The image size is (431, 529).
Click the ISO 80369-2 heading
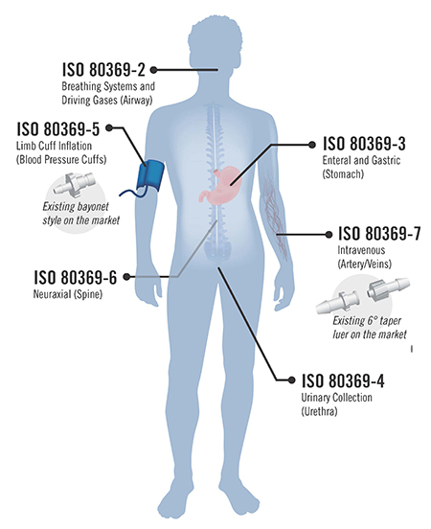[103, 70]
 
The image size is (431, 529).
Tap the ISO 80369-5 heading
[58, 128]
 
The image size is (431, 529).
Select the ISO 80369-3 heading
[364, 144]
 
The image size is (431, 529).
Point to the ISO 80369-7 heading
[379, 234]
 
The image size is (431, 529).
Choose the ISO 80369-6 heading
[76, 277]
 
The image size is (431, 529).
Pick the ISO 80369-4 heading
[343, 380]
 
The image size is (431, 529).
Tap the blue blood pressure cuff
[150, 176]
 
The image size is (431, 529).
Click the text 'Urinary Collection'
[336, 398]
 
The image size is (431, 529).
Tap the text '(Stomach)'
[343, 174]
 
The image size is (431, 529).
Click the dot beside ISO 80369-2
[153, 70]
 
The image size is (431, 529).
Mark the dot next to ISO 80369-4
[292, 379]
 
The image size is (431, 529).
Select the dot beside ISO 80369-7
[329, 235]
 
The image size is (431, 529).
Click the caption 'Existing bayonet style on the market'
[81, 213]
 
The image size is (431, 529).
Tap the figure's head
[215, 40]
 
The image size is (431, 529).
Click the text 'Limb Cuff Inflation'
[54, 146]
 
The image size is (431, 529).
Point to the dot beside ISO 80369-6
[126, 277]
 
